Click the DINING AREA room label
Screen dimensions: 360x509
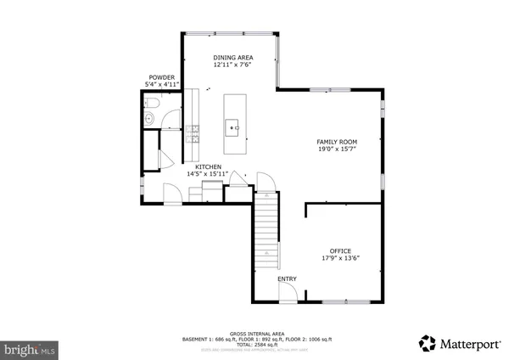click(232, 58)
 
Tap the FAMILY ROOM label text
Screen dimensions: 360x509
click(337, 142)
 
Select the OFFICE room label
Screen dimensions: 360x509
click(340, 251)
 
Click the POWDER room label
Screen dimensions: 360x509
click(161, 77)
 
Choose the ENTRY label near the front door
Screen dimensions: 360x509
click(287, 278)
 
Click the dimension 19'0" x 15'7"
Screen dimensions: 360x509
click(337, 149)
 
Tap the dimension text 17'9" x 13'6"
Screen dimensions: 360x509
click(340, 259)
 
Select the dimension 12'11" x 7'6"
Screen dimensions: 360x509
click(232, 65)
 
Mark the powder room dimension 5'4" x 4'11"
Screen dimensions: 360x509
click(161, 85)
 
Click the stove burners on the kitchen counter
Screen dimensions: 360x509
click(194, 133)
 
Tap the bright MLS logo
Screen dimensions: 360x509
click(31, 348)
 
